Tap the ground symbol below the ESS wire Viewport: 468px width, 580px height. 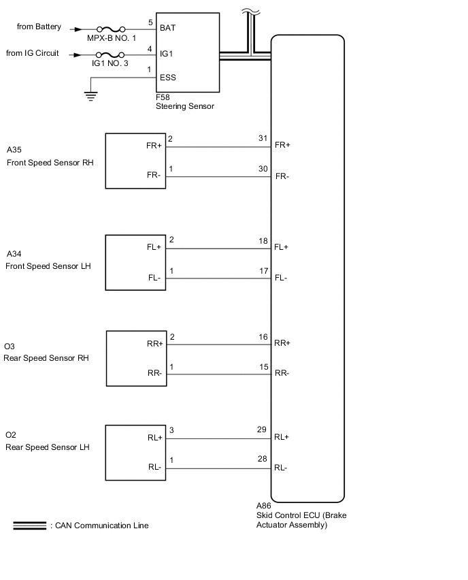(x=90, y=95)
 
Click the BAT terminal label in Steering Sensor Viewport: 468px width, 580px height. (x=167, y=29)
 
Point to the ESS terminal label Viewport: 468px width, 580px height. (x=167, y=78)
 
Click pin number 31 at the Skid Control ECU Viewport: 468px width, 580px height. (x=263, y=139)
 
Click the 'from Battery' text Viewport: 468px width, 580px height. (x=39, y=27)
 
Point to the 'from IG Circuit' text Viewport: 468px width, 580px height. (x=32, y=52)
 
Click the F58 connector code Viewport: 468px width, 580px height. (x=163, y=98)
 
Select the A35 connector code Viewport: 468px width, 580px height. (x=14, y=149)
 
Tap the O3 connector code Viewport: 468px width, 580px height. (x=9, y=347)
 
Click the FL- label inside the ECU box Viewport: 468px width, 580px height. (x=282, y=278)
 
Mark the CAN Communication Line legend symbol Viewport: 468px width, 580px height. (x=29, y=526)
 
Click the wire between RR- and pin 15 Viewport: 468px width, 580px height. (x=218, y=373)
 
